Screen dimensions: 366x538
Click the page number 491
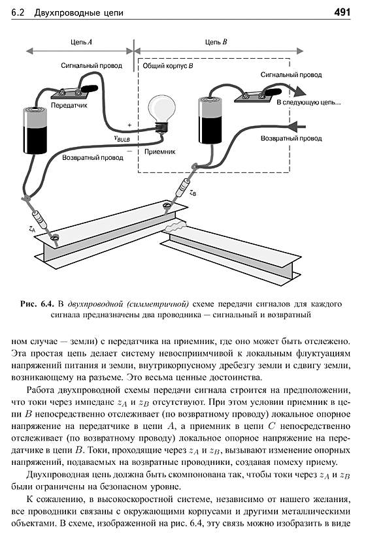tap(342, 12)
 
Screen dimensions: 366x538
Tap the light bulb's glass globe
tap(161, 107)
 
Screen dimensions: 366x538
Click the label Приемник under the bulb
tap(160, 151)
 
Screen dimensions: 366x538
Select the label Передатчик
tap(69, 105)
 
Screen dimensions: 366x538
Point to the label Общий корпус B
tap(168, 65)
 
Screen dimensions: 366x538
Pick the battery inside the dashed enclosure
tap(211, 119)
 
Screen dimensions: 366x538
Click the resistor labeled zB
tap(182, 187)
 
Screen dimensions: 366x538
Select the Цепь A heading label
tap(82, 42)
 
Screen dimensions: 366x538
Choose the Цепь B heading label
tap(216, 42)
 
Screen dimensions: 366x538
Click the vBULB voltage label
tap(122, 138)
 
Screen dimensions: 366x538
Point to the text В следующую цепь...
tap(308, 103)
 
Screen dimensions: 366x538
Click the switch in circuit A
tap(76, 91)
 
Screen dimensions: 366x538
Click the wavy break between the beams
tap(176, 227)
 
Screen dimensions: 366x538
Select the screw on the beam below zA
tap(55, 238)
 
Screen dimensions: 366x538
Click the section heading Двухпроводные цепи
tap(78, 13)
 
